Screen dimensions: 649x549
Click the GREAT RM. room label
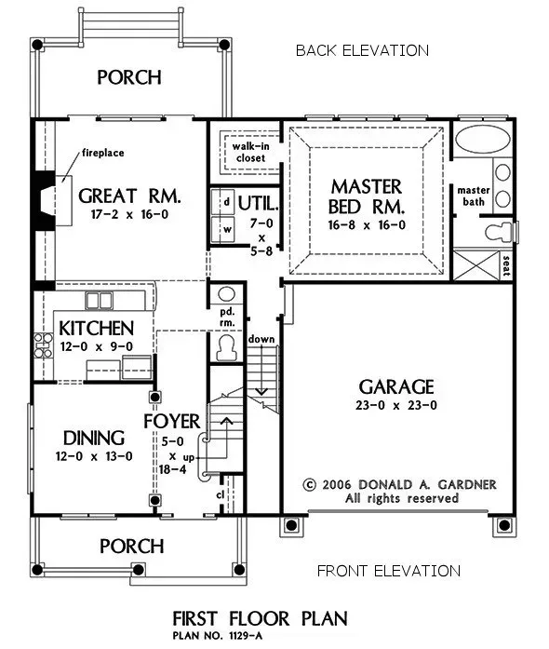click(x=128, y=196)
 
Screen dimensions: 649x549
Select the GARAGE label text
click(x=398, y=386)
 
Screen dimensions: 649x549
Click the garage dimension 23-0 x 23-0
click(x=398, y=406)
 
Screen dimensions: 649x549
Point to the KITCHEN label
click(x=96, y=329)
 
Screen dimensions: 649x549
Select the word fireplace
click(x=103, y=153)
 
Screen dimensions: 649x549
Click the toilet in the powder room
click(x=224, y=347)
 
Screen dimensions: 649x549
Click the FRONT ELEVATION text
click(x=388, y=571)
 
